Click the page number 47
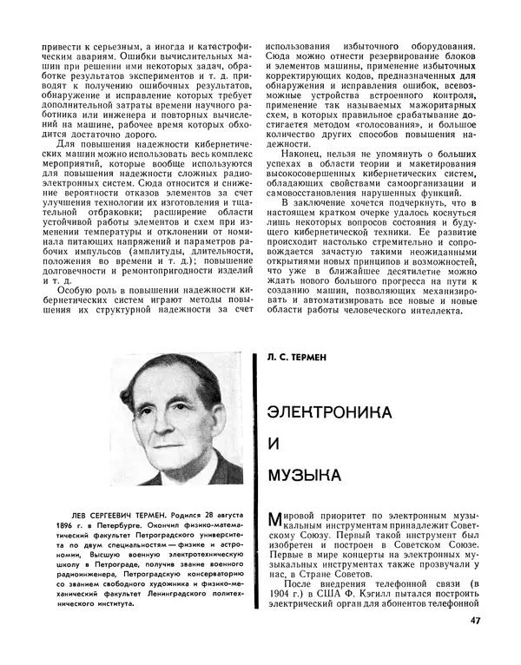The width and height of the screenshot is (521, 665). pos(498,620)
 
